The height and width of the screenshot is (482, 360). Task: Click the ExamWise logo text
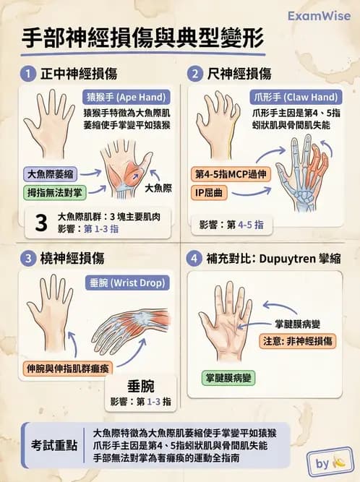[320, 15]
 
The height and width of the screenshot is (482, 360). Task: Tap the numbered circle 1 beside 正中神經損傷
[27, 73]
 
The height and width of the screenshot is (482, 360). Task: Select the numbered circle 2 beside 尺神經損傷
[195, 73]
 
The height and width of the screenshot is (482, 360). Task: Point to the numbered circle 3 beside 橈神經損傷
[27, 258]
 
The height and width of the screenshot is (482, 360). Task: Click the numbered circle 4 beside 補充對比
[195, 258]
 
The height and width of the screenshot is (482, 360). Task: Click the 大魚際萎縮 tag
[49, 174]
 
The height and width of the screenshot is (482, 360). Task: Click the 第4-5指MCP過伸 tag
[231, 174]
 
